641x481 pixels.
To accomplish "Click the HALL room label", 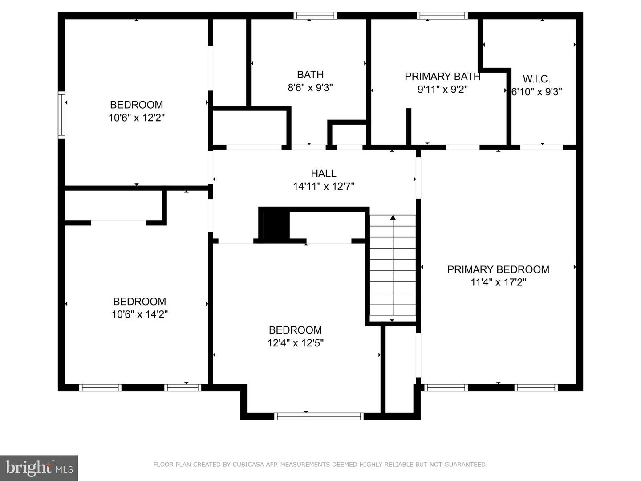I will click(x=324, y=173).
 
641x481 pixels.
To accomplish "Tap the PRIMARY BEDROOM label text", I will click(x=498, y=269).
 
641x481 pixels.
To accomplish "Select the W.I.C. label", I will click(x=536, y=79).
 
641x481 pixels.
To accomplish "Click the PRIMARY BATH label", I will click(x=442, y=77).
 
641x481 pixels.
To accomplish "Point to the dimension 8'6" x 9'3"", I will click(x=310, y=88).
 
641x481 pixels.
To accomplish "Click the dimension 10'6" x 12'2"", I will click(x=137, y=118).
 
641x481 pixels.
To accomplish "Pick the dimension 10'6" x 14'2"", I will click(x=139, y=314).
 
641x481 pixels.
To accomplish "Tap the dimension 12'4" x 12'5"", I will click(x=295, y=343).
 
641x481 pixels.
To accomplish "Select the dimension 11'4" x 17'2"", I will click(x=498, y=282).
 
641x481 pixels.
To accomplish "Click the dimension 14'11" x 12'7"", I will click(x=324, y=186).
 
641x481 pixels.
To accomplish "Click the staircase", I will click(x=393, y=267).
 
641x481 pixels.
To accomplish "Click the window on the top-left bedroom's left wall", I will click(x=61, y=114).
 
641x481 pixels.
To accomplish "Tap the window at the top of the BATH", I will click(x=315, y=16).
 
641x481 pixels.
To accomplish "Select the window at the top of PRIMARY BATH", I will click(x=442, y=16).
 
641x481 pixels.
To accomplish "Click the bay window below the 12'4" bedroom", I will click(x=319, y=416).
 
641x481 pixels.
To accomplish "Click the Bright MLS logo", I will click(x=39, y=468).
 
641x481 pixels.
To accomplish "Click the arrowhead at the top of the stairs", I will click(x=393, y=218).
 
